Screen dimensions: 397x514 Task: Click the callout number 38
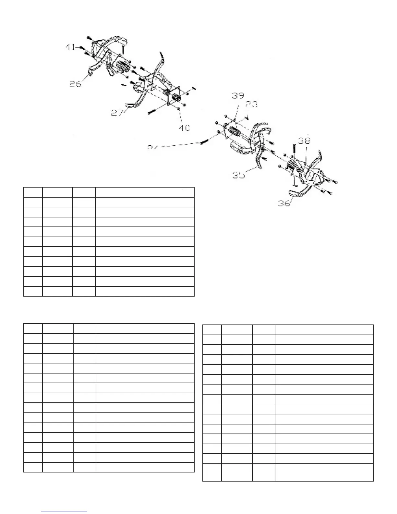point(304,141)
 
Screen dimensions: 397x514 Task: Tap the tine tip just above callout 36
point(293,196)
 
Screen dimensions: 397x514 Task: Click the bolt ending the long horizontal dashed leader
point(203,143)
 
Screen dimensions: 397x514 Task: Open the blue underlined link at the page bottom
point(64,511)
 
